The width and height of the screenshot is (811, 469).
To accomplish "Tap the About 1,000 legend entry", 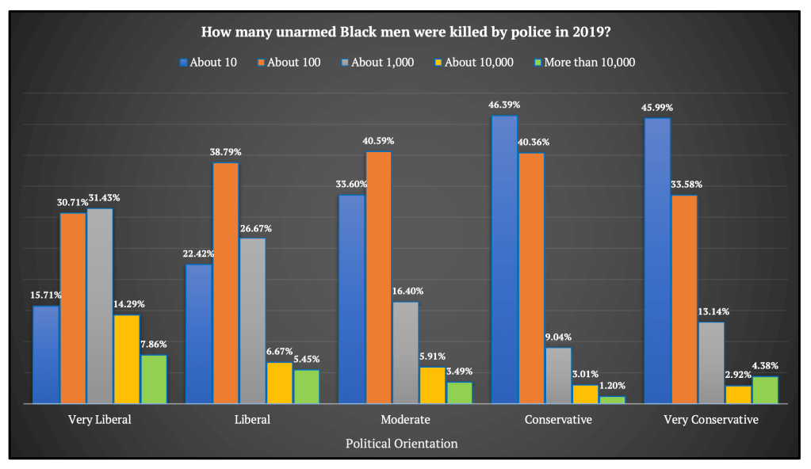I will pyautogui.click(x=379, y=63).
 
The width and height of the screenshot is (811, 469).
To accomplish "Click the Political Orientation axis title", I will pyautogui.click(x=401, y=444).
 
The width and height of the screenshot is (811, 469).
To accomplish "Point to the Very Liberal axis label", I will pyautogui.click(x=100, y=420).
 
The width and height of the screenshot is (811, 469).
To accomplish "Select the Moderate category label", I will pyautogui.click(x=404, y=420).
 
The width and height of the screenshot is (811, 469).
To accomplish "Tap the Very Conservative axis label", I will pyautogui.click(x=710, y=420).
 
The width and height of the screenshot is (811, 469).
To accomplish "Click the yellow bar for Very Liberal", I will pyautogui.click(x=127, y=360).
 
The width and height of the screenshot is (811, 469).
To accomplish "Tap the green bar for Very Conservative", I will pyautogui.click(x=765, y=391).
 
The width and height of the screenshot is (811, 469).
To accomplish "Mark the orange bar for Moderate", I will pyautogui.click(x=378, y=277).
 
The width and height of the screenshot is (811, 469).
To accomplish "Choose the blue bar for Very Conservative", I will pyautogui.click(x=657, y=261).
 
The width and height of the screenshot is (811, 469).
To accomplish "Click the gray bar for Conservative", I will pyautogui.click(x=558, y=376).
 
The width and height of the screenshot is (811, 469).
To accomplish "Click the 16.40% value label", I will pyautogui.click(x=406, y=291).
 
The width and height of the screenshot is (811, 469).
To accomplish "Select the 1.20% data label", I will pyautogui.click(x=612, y=386).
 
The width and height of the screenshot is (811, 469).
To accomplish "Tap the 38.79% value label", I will pyautogui.click(x=225, y=151).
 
